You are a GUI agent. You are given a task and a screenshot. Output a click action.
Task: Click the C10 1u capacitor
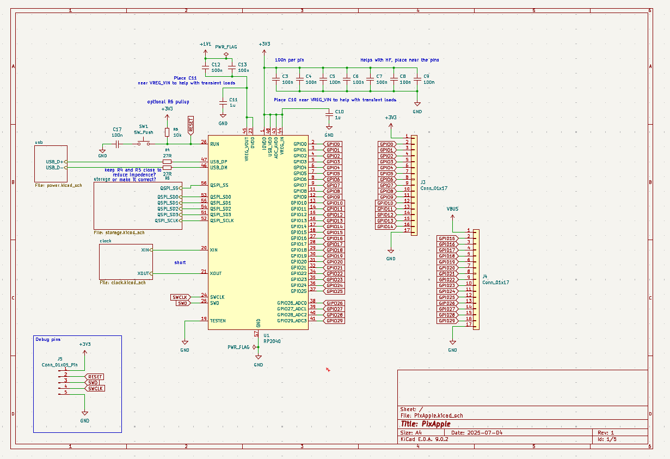(329, 114)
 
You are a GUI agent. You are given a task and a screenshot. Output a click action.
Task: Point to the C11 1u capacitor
(223, 102)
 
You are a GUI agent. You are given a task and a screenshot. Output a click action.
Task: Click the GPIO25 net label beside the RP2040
(334, 291)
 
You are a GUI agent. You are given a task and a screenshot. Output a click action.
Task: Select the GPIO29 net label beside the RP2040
(334, 321)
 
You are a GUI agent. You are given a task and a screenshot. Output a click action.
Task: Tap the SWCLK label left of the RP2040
(180, 297)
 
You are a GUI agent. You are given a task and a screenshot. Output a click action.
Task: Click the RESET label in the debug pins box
(95, 377)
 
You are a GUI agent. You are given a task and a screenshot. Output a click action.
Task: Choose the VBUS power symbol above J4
(452, 209)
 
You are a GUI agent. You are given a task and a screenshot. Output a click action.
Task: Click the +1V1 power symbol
(205, 44)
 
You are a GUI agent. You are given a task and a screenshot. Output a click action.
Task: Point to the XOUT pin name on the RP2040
(216, 273)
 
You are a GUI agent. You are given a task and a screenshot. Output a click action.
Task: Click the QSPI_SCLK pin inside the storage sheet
(167, 221)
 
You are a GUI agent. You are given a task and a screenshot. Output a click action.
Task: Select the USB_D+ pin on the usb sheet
(56, 162)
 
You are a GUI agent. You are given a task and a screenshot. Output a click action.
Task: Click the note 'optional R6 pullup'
(168, 102)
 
